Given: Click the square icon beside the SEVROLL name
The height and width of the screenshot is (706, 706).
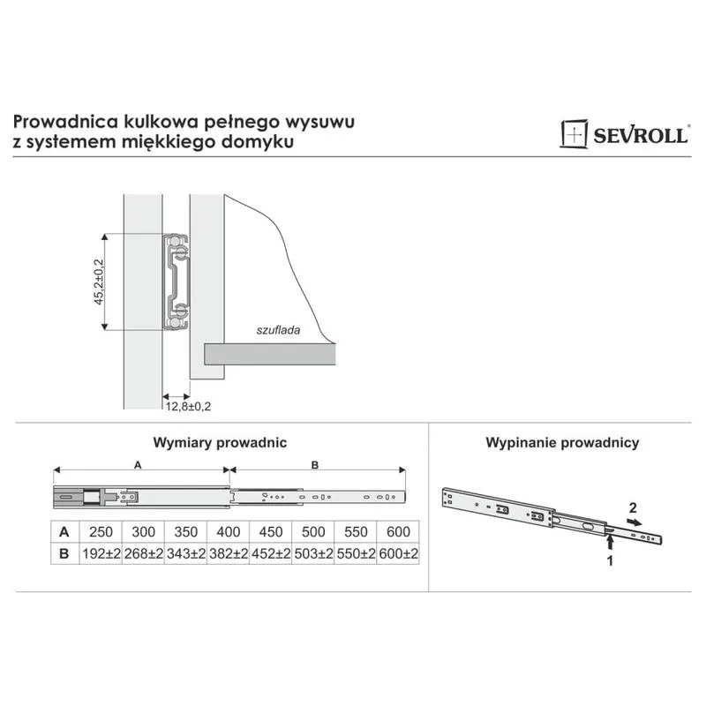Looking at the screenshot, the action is pyautogui.click(x=574, y=134).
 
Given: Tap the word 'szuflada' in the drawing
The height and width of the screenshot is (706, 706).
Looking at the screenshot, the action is pyautogui.click(x=278, y=330).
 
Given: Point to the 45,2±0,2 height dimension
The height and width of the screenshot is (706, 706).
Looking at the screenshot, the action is pyautogui.click(x=99, y=282).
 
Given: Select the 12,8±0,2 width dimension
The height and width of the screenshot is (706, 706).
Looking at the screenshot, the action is pyautogui.click(x=188, y=407).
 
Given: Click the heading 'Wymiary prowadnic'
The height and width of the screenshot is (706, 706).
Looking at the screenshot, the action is pyautogui.click(x=220, y=443).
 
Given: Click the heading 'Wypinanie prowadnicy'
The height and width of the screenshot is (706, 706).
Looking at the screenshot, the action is pyautogui.click(x=562, y=443).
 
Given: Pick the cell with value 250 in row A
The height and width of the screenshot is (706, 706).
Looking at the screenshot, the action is pyautogui.click(x=101, y=532).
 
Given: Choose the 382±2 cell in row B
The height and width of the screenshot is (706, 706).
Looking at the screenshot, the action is pyautogui.click(x=229, y=553).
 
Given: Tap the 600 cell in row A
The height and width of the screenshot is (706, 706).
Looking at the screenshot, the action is pyautogui.click(x=398, y=532).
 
